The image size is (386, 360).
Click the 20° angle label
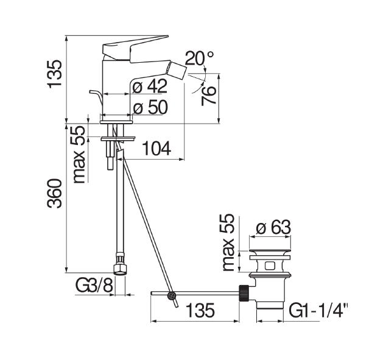click(199, 58)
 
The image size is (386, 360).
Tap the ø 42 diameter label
click(150, 86)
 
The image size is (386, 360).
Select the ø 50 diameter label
click(150, 107)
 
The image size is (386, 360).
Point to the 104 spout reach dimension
click(157, 149)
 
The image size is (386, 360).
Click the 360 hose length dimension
click(55, 193)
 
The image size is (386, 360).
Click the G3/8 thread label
click(94, 286)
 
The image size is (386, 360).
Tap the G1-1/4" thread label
click(318, 311)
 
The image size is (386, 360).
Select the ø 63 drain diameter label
click(273, 227)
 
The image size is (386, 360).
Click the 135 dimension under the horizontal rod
click(200, 310)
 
